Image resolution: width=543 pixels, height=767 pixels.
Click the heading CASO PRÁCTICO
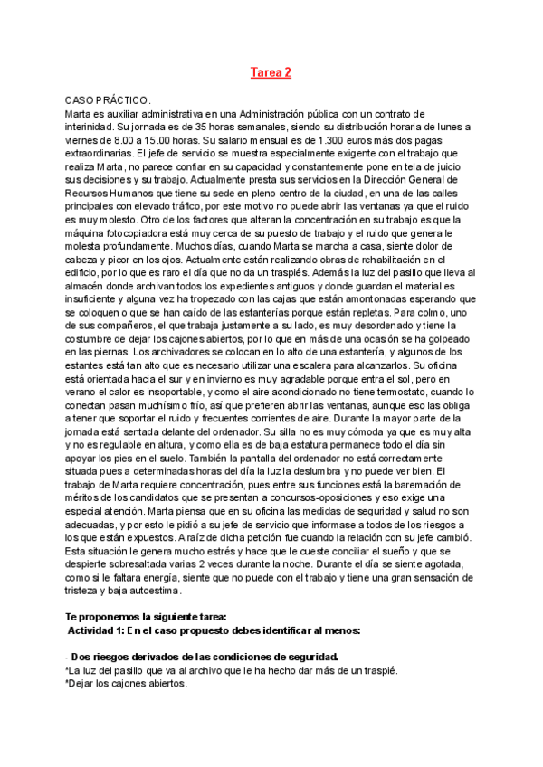pos(108,99)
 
